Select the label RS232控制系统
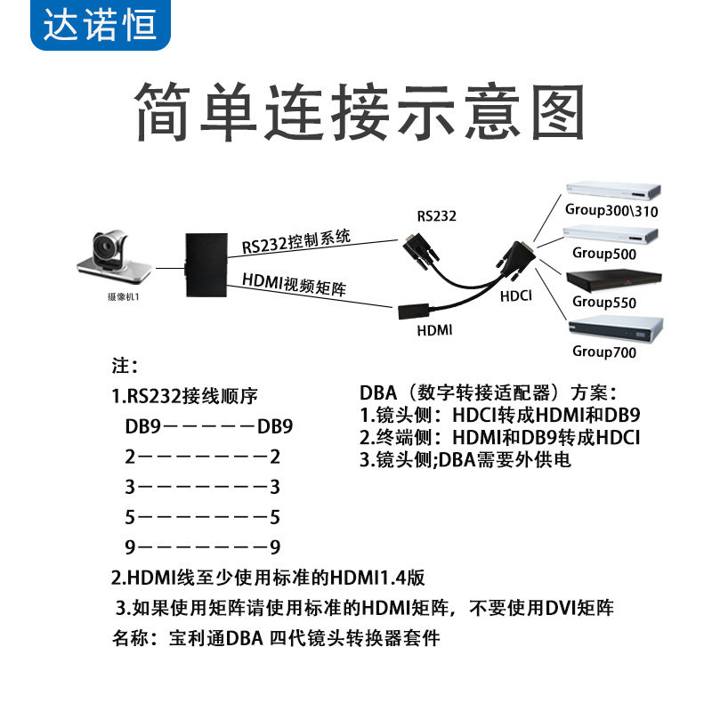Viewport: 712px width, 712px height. pos(296,240)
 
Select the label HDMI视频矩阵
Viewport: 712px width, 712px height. pos(294,285)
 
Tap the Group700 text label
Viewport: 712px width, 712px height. pos(604,351)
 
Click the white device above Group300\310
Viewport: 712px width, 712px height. pos(614,190)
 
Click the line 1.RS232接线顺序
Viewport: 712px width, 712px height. pos(185,395)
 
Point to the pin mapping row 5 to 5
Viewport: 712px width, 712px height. pos(203,516)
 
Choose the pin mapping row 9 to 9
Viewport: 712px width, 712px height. pos(203,546)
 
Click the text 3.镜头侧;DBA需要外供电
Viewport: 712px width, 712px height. pos(465,460)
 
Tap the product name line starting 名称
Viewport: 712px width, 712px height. pos(276,638)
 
